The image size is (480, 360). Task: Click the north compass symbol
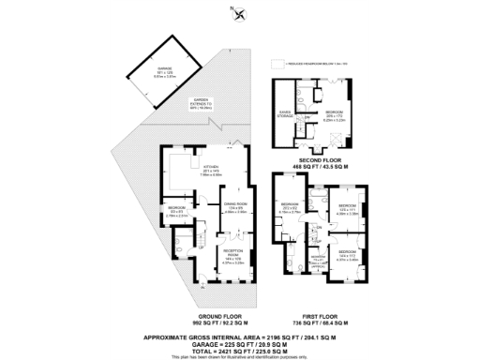pyautogui.click(x=241, y=14)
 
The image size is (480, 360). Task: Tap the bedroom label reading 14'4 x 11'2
pyautogui.click(x=346, y=254)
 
